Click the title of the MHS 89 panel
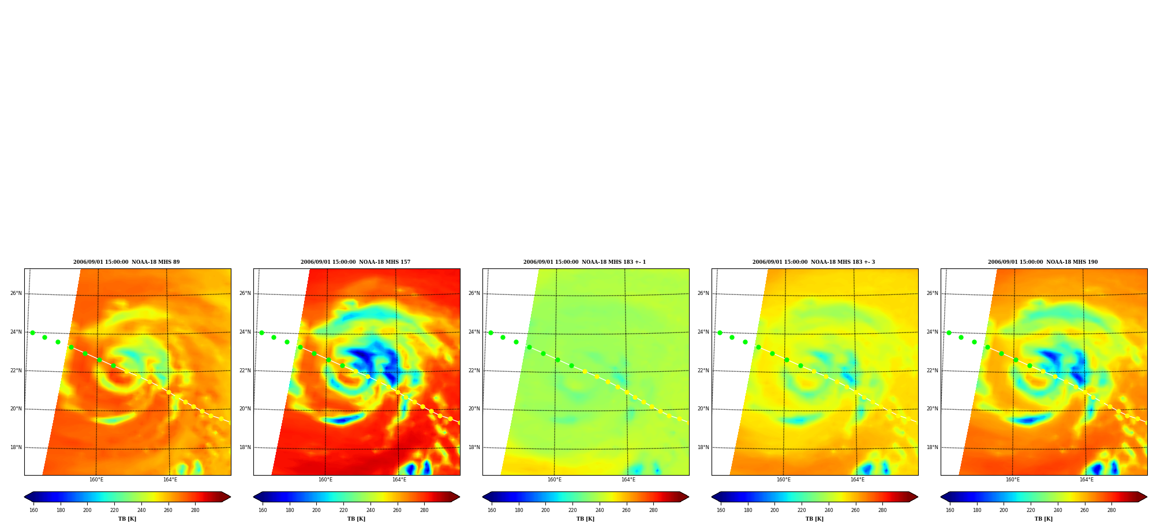click(x=126, y=262)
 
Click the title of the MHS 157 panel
click(x=355, y=262)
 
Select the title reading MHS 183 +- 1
click(x=585, y=262)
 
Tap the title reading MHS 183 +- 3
click(x=814, y=262)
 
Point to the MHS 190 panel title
click(x=1043, y=262)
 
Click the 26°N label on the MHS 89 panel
click(x=16, y=293)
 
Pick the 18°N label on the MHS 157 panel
click(x=245, y=447)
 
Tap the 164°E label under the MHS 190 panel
click(x=1087, y=480)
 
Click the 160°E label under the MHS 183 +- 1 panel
click(x=555, y=480)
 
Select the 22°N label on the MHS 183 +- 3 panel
click(x=703, y=371)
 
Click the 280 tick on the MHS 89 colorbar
click(x=195, y=510)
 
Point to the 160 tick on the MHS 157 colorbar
click(x=263, y=510)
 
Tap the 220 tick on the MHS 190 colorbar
click(x=1031, y=510)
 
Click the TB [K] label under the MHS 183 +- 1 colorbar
click(x=586, y=519)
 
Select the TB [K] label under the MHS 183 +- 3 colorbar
click(x=815, y=519)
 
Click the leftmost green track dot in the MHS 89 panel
click(x=32, y=332)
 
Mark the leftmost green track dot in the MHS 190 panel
click(x=949, y=332)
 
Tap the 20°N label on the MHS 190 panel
click(x=933, y=409)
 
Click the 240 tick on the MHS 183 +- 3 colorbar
click(x=829, y=510)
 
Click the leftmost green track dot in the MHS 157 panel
click(x=261, y=332)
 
